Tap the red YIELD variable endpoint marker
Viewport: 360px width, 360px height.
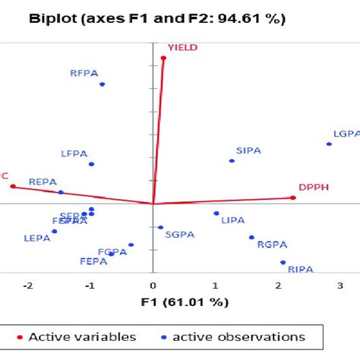[163, 58]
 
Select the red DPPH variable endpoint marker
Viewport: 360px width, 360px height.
[293, 197]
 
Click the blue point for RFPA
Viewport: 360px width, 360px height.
[102, 84]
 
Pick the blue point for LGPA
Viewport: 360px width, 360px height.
[329, 144]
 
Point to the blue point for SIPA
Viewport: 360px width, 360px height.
[232, 160]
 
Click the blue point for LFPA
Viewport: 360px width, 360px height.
[91, 164]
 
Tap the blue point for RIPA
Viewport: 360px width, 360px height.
[283, 263]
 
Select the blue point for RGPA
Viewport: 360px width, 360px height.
[251, 237]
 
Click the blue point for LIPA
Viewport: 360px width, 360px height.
[216, 213]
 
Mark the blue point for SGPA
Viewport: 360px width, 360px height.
[160, 227]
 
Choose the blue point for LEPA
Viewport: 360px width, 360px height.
[54, 231]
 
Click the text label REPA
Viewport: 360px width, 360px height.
[43, 182]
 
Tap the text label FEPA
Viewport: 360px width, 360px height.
[95, 262]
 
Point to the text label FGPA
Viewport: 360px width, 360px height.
[112, 251]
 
